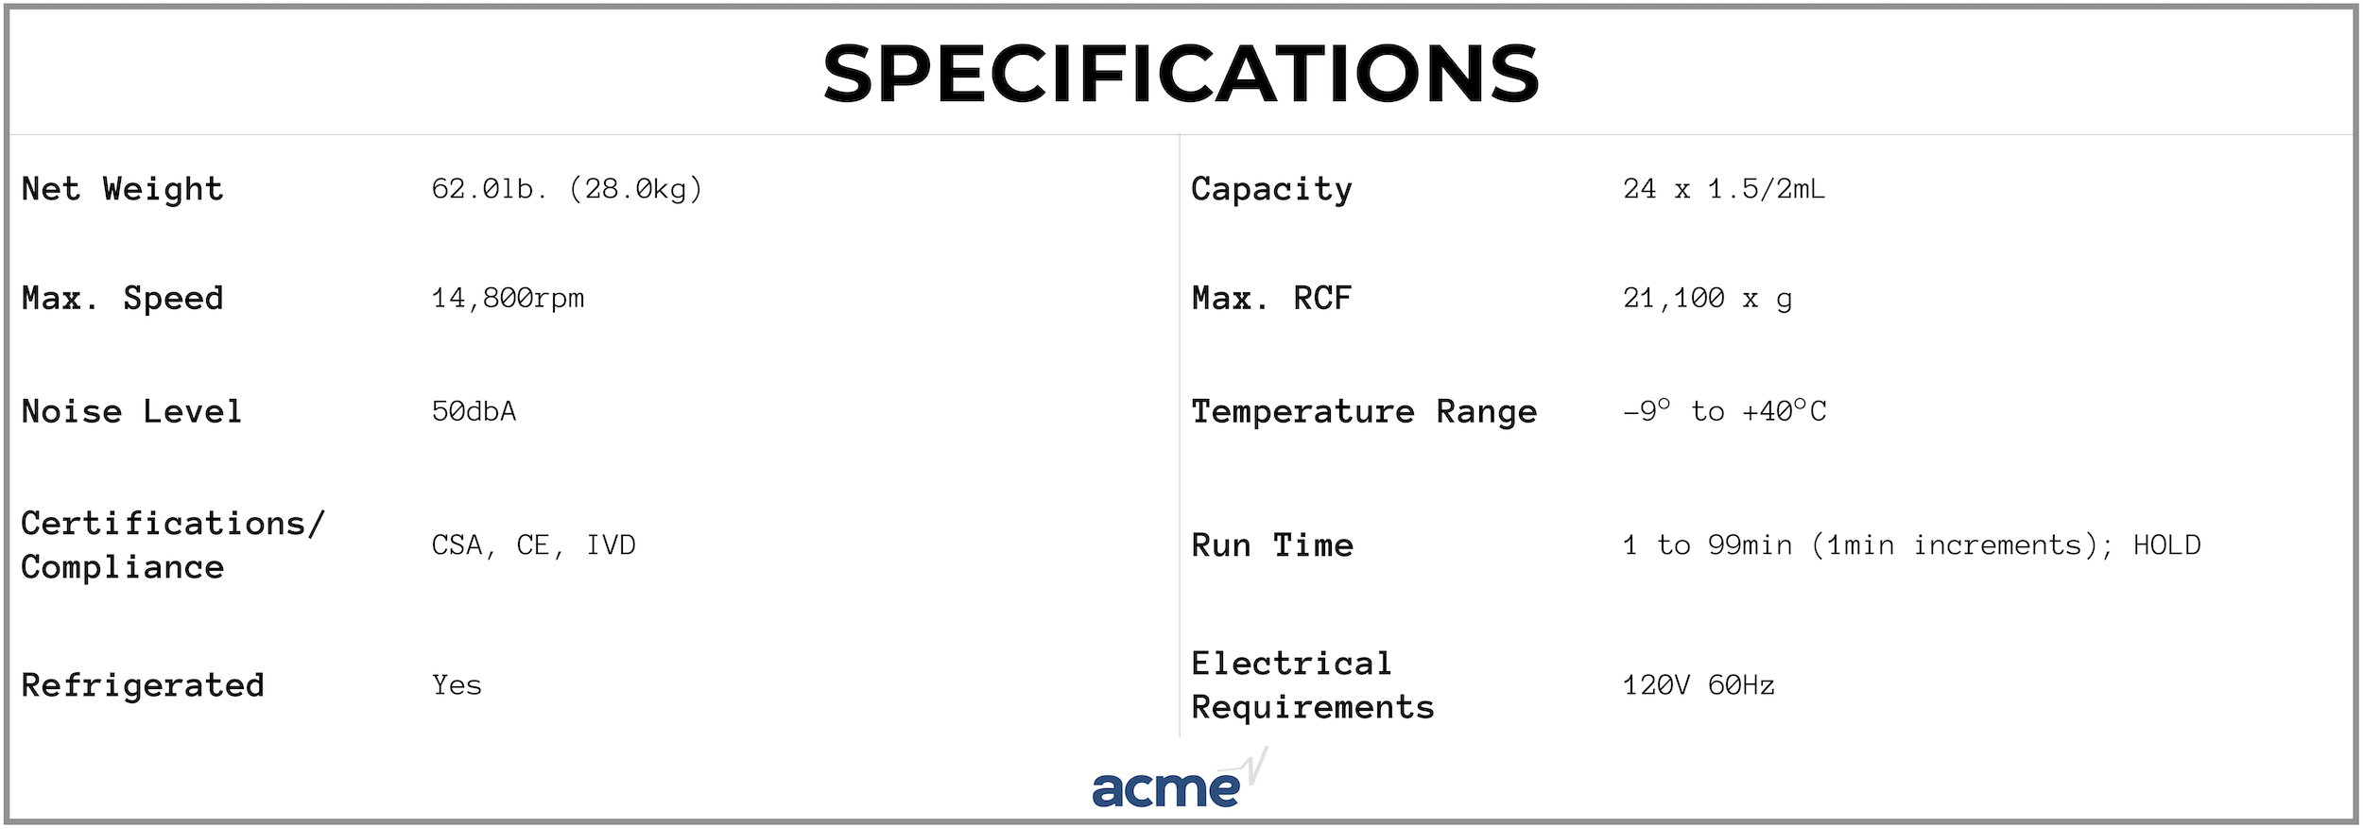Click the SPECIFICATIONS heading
click(x=1181, y=73)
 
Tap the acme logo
click(x=1180, y=779)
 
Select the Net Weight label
click(x=122, y=189)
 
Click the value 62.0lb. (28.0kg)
click(x=567, y=189)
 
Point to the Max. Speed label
click(x=122, y=299)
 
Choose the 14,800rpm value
click(x=508, y=299)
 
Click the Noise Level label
click(x=131, y=411)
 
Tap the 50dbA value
click(x=474, y=411)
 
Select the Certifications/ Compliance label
click(x=173, y=545)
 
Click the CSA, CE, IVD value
click(x=533, y=545)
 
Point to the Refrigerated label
click(x=143, y=685)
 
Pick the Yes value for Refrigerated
click(x=457, y=685)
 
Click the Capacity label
click(x=1271, y=189)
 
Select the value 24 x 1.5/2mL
click(x=1724, y=189)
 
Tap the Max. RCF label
click(x=1271, y=299)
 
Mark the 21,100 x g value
click(x=1707, y=299)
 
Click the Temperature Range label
click(x=1364, y=411)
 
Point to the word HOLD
click(x=2166, y=545)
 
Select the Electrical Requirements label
click(x=1313, y=685)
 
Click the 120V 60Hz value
click(x=1699, y=685)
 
